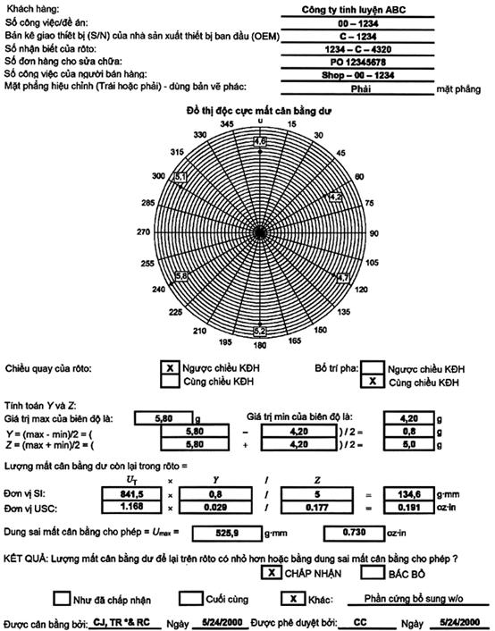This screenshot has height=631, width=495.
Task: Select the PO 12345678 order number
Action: click(357, 63)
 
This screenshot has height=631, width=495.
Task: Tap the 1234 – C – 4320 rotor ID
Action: click(357, 49)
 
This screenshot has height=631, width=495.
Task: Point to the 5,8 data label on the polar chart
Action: click(181, 276)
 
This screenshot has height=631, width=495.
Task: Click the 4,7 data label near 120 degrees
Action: click(343, 278)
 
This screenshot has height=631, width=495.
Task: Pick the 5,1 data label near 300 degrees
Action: click(180, 177)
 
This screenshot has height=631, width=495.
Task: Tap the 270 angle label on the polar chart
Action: click(143, 231)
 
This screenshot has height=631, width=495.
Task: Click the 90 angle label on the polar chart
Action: click(373, 233)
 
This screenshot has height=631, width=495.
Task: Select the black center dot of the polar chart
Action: click(260, 232)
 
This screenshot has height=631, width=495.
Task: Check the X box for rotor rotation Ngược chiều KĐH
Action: click(170, 368)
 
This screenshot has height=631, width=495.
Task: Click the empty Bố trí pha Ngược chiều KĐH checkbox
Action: click(373, 368)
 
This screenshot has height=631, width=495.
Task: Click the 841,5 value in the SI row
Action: click(131, 493)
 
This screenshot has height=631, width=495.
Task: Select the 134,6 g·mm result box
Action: click(409, 494)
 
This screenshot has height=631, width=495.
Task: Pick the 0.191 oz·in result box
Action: click(409, 508)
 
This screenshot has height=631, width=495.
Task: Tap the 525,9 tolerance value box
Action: click(227, 534)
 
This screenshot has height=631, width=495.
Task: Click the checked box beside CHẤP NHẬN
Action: click(272, 573)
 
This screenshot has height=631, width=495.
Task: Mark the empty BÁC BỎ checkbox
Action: click(373, 573)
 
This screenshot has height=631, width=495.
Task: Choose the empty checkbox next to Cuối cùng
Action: click(190, 599)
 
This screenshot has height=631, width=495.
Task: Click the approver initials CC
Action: click(360, 622)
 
